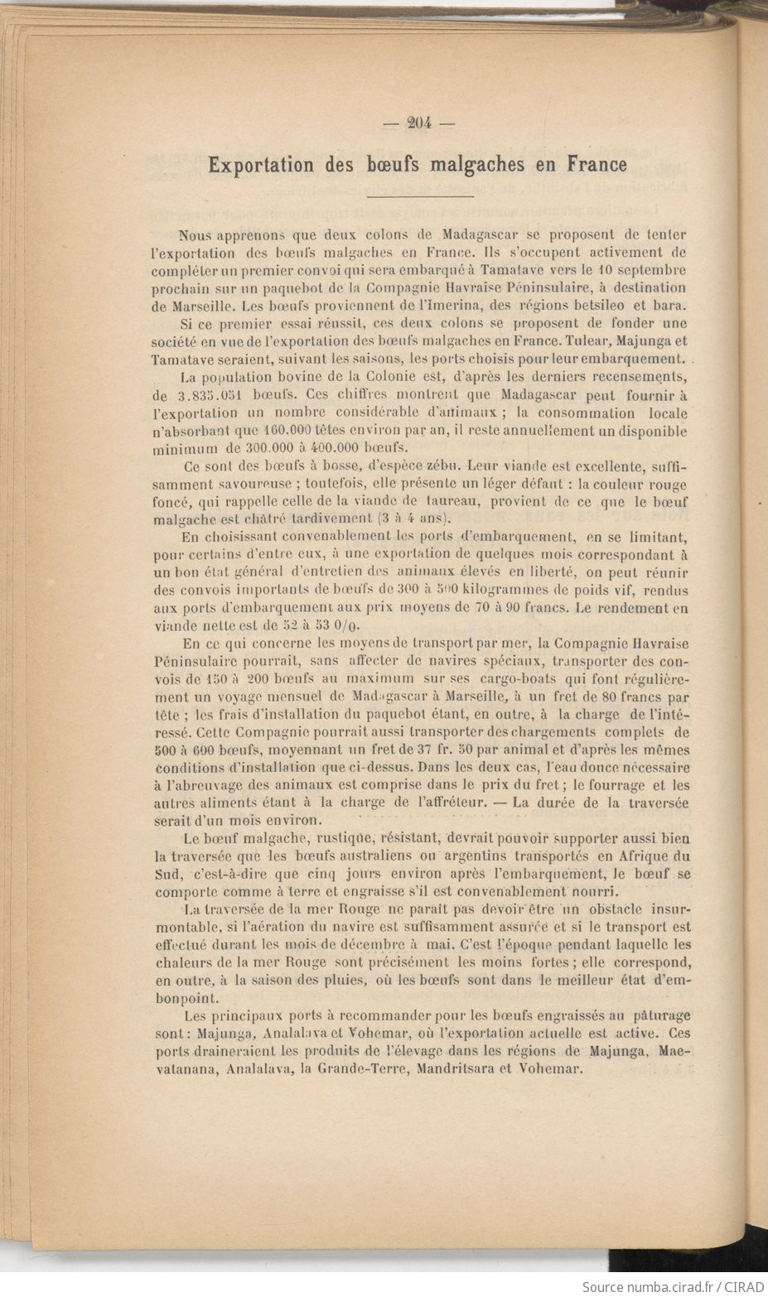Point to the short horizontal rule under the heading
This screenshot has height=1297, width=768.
[x=419, y=196]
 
